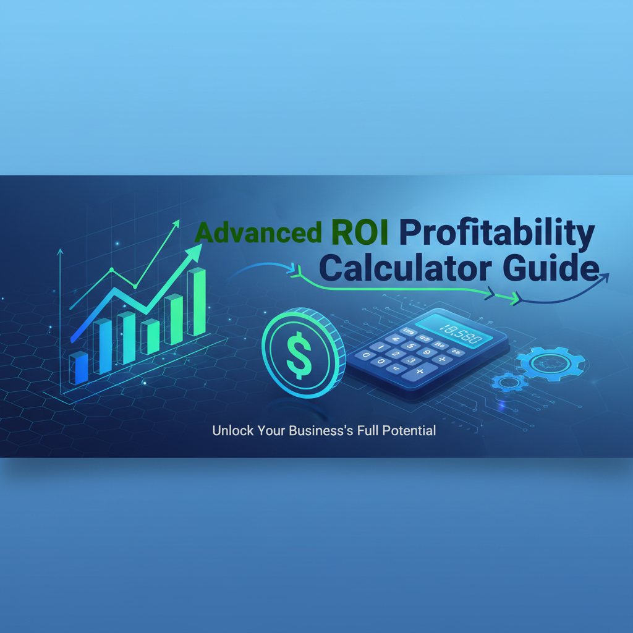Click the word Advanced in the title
pos(258,233)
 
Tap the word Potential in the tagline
pos(408,431)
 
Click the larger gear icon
pos(549,363)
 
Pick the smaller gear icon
pos(509,383)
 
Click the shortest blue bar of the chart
pos(79,368)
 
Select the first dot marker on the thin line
pos(111,270)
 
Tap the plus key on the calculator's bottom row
pos(420,371)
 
